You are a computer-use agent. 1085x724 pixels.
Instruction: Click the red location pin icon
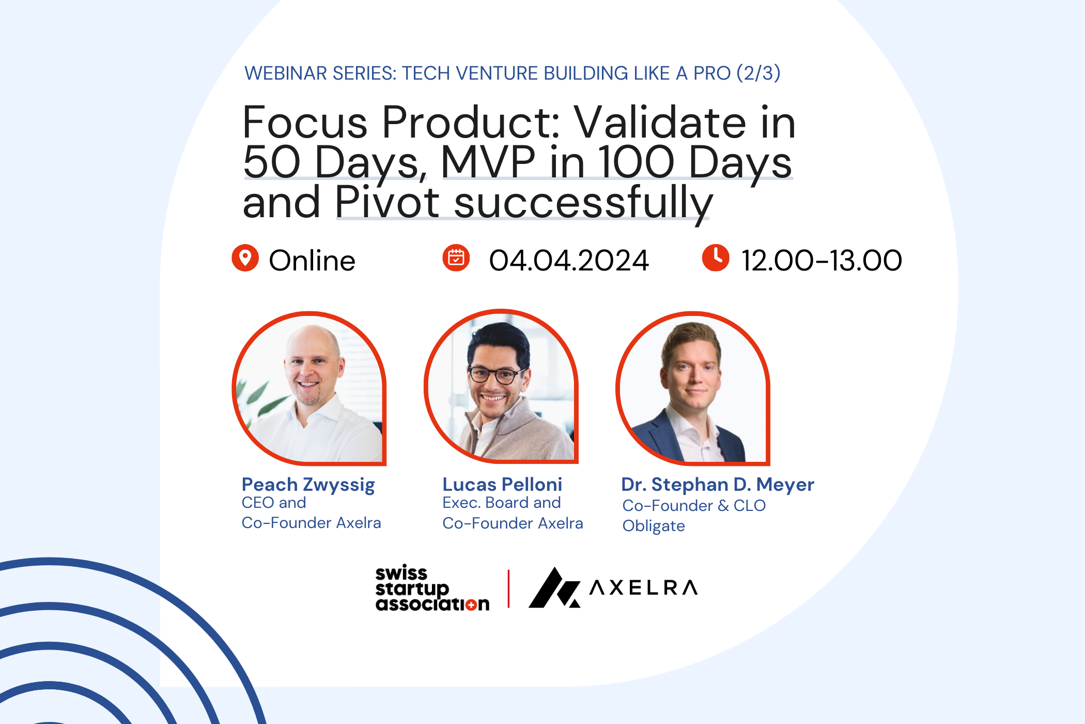click(245, 258)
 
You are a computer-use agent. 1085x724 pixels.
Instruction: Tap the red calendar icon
click(456, 258)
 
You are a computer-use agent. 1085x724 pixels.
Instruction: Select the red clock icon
click(716, 258)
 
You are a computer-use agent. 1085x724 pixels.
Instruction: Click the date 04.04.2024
click(569, 260)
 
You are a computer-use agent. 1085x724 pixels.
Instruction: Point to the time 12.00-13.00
click(822, 260)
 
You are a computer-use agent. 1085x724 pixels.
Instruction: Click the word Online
click(312, 260)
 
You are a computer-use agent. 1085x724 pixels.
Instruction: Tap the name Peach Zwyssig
click(308, 485)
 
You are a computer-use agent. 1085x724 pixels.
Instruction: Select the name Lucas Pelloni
click(502, 485)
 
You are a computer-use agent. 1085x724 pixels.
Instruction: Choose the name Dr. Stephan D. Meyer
click(718, 485)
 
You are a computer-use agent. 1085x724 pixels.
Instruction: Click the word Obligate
click(654, 526)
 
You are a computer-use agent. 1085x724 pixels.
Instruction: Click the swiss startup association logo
click(432, 588)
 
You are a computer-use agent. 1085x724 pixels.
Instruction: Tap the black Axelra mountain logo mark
click(554, 587)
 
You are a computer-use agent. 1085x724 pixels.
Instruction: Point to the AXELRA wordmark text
click(644, 588)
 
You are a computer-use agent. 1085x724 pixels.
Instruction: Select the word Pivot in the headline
click(388, 202)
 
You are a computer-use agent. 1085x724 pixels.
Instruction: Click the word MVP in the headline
click(488, 162)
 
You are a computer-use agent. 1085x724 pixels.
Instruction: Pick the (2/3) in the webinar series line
click(758, 73)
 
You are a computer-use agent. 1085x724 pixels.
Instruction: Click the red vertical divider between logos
click(509, 589)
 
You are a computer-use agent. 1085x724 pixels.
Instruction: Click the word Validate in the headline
click(660, 123)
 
